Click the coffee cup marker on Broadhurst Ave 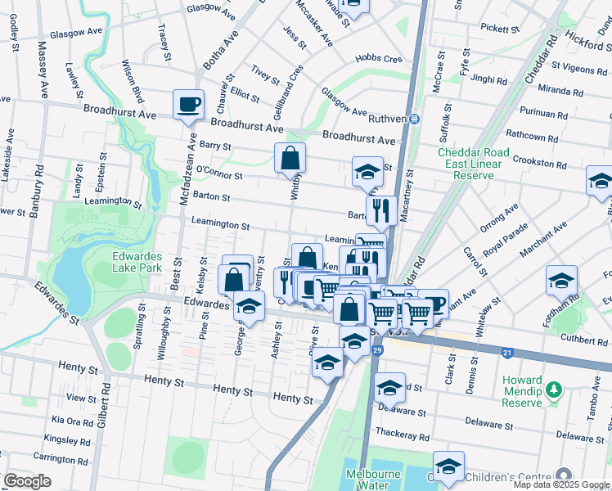point(189,105)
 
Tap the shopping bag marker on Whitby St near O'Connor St point(290,157)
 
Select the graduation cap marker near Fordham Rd point(562,281)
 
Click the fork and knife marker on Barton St point(381,210)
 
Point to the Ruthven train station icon point(415,119)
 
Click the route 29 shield point(377,350)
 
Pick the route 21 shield point(507,353)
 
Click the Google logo point(27,481)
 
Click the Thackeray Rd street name point(402,430)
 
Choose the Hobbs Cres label point(379,59)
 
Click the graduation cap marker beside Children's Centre point(448,466)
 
